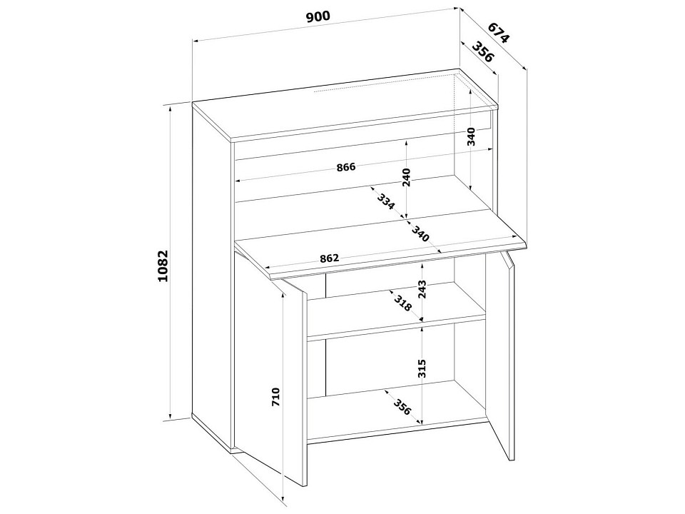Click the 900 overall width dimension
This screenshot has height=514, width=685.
point(318,17)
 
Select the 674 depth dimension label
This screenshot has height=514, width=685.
point(499,32)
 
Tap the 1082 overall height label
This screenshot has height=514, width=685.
point(163,266)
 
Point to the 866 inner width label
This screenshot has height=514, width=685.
point(347,167)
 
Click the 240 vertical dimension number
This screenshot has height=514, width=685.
point(406,178)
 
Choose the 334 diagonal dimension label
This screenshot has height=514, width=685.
point(386,201)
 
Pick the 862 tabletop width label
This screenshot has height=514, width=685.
point(329,258)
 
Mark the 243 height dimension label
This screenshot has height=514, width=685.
point(422,289)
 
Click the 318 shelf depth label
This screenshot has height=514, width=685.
point(402,303)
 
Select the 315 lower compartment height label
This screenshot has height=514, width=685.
point(422,368)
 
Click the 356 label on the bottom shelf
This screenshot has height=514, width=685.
point(402,407)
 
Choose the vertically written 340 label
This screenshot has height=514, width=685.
point(471,136)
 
